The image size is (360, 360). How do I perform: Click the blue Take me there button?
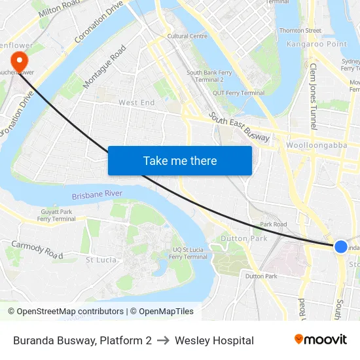180,160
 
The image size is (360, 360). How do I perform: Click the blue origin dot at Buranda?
341,246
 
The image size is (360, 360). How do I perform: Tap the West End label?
136,103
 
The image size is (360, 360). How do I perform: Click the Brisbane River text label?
97,194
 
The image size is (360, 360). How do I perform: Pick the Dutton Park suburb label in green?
244,239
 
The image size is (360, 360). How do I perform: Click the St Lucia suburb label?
101,260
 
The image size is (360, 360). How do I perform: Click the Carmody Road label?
37,249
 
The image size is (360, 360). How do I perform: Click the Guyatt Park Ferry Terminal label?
56,215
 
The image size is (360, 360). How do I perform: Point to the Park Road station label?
273,224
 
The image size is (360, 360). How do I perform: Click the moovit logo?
320,339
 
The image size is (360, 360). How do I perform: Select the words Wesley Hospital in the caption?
214,340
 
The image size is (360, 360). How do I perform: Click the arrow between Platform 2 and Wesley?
163,340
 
